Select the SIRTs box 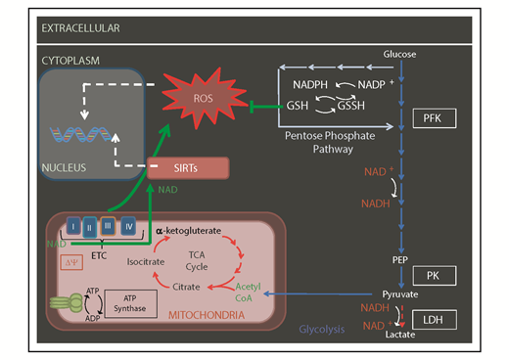[x=188, y=167]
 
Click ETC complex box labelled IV [x=128, y=227]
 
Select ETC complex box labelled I [x=63, y=227]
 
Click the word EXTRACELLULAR [x=80, y=28]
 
